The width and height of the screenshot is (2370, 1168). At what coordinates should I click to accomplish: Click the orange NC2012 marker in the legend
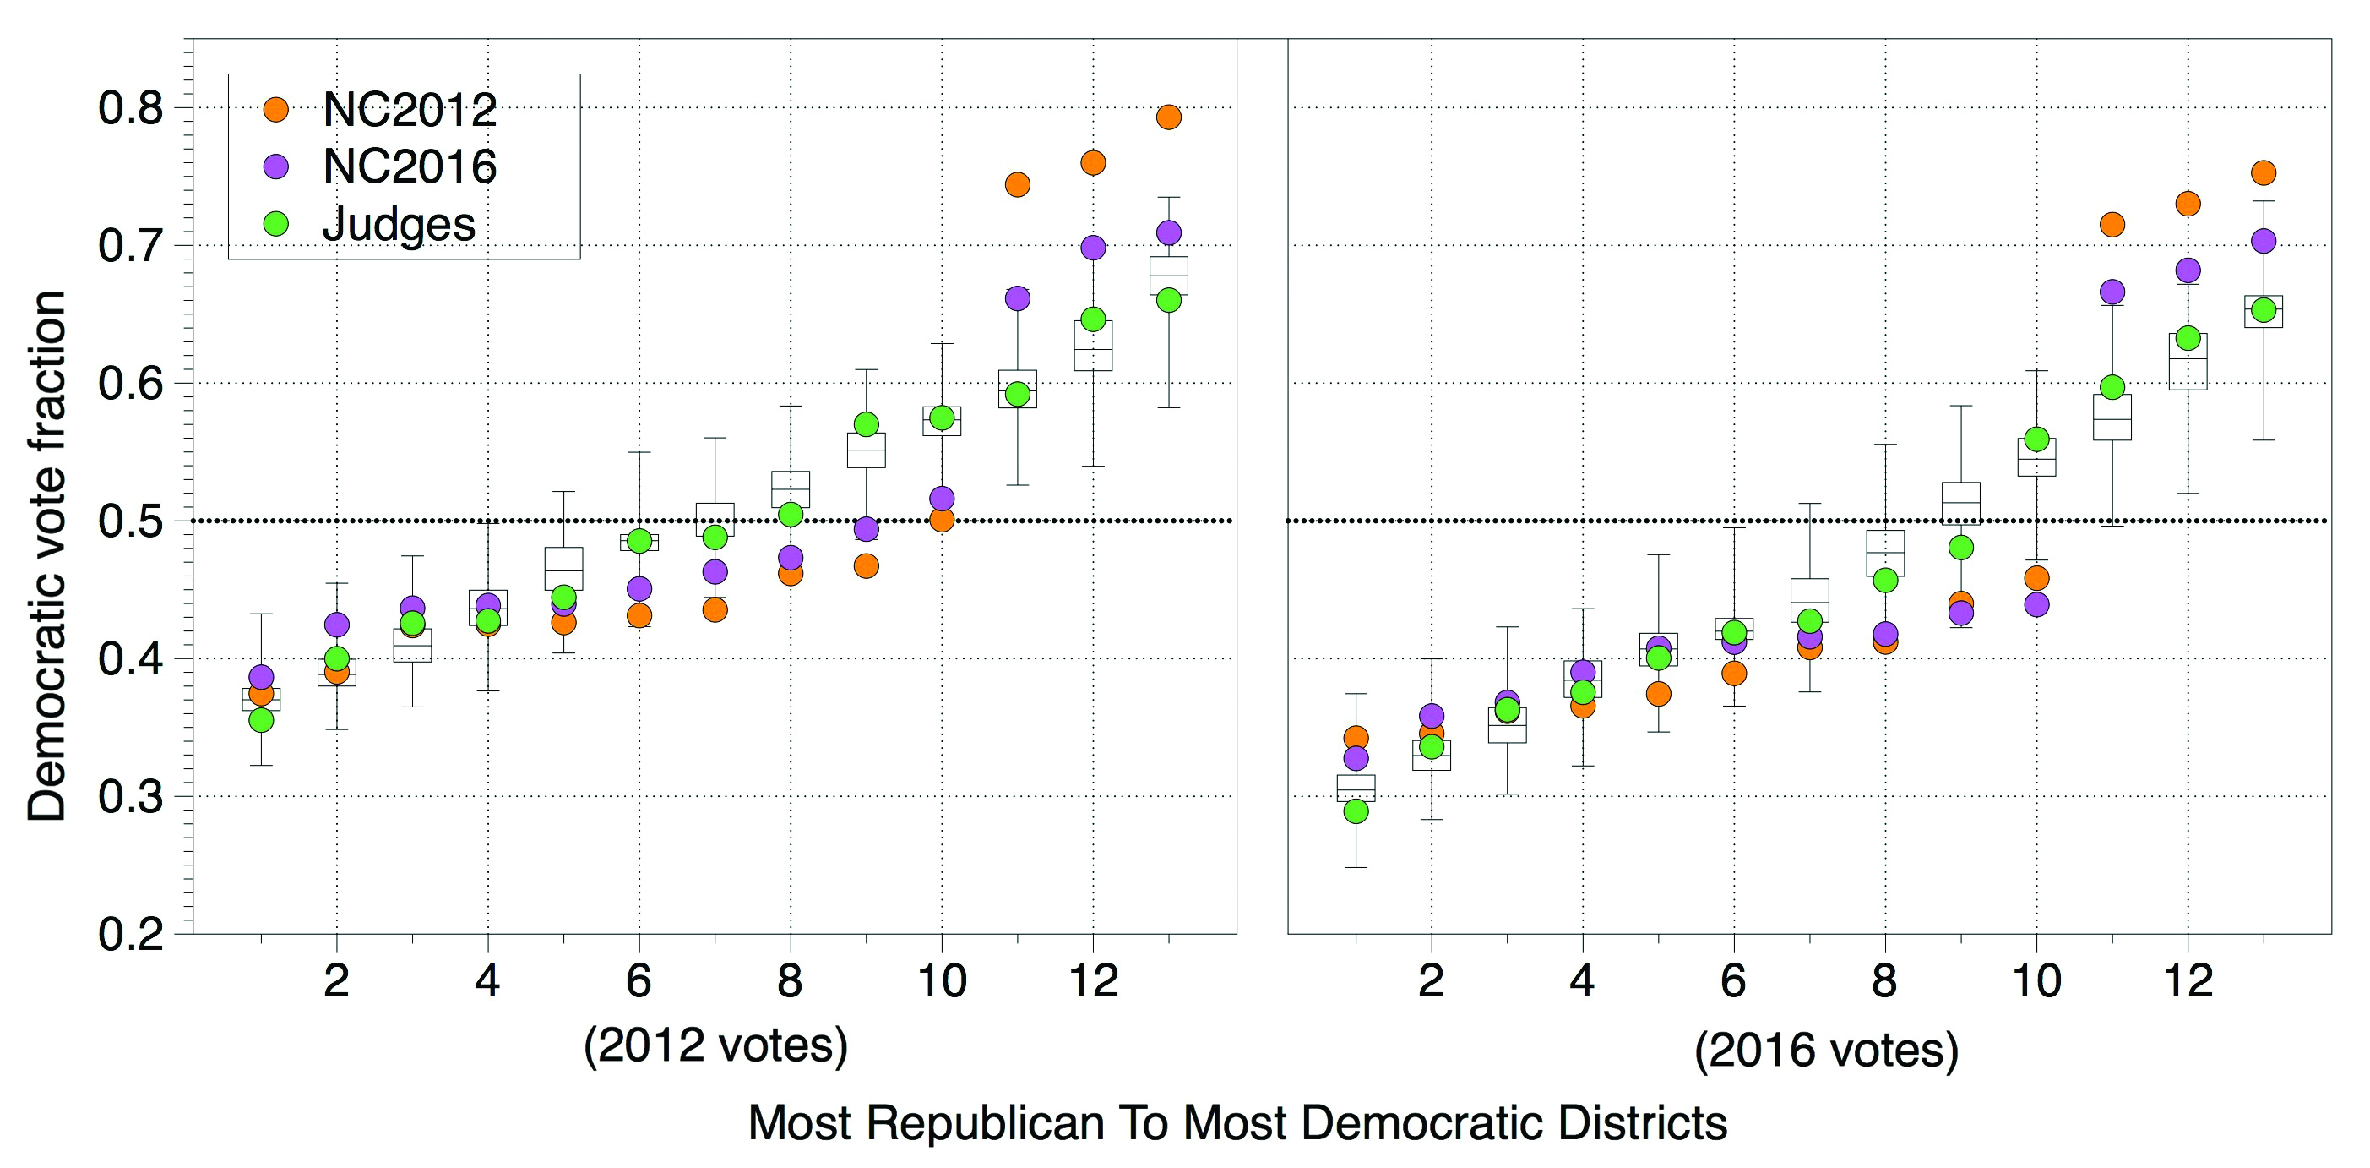coord(275,110)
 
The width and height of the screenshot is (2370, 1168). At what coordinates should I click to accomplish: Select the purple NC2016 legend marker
coord(275,166)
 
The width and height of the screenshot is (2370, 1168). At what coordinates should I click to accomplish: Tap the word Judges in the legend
coord(399,224)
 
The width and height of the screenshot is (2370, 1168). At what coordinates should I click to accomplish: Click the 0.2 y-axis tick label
coord(131,933)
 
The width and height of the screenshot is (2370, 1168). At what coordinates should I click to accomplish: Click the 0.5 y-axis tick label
coord(131,521)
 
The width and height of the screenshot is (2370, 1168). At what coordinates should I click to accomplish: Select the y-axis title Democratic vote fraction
coord(46,555)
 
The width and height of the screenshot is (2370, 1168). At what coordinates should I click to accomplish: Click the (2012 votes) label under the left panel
coord(715,1045)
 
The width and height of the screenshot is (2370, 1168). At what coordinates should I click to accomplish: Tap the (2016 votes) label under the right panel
coord(1826,1050)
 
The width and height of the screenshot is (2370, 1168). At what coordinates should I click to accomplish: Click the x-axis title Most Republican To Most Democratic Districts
coord(1237,1123)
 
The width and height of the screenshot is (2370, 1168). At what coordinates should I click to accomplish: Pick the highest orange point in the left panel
coord(1168,117)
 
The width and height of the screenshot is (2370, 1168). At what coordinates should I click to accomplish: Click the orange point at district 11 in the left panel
coord(1017,184)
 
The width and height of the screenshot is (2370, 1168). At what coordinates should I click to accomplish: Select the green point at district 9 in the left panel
coord(866,424)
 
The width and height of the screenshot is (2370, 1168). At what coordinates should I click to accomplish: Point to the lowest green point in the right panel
coord(1356,811)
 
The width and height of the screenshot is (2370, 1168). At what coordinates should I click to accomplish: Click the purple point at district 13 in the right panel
coord(2264,241)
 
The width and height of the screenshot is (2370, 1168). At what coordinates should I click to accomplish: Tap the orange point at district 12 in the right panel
coord(2188,204)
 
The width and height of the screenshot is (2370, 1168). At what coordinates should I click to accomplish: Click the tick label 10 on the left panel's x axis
coord(941,981)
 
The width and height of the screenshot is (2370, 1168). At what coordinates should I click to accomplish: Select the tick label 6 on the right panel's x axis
coord(1733,981)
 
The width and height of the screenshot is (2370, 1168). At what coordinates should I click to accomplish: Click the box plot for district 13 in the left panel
coord(1168,276)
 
